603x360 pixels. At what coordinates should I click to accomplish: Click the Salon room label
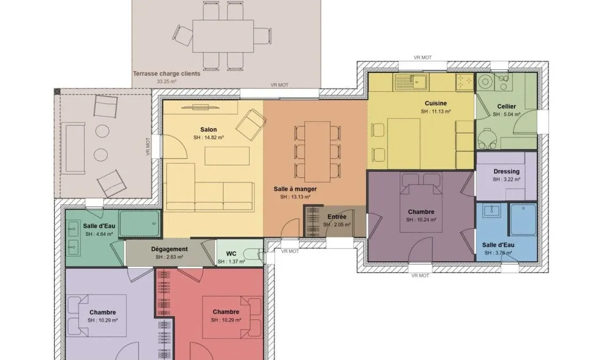click(208, 130)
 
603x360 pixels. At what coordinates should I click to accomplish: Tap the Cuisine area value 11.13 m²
click(436, 111)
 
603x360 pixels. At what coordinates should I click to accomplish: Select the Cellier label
click(506, 107)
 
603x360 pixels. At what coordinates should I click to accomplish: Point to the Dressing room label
click(506, 172)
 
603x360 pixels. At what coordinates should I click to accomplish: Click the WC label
click(231, 254)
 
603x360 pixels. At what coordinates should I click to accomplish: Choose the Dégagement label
click(169, 249)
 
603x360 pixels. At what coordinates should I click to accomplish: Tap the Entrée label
click(337, 217)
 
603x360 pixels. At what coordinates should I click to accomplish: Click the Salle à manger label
click(295, 189)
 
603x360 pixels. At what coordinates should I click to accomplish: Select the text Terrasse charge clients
click(166, 74)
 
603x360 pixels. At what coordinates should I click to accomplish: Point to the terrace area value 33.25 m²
click(166, 82)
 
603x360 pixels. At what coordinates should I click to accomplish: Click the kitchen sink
click(411, 82)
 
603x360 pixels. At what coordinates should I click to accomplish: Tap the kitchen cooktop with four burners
click(464, 82)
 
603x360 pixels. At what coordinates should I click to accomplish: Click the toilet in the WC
click(254, 253)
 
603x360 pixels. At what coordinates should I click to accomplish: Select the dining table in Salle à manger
click(318, 151)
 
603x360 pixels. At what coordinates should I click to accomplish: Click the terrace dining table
click(223, 36)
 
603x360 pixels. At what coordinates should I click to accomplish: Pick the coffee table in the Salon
click(227, 156)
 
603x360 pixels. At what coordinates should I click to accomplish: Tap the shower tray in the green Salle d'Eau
click(139, 223)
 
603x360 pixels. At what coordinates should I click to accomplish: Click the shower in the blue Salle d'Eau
click(522, 219)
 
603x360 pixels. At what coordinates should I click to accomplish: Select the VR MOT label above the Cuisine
click(423, 58)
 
